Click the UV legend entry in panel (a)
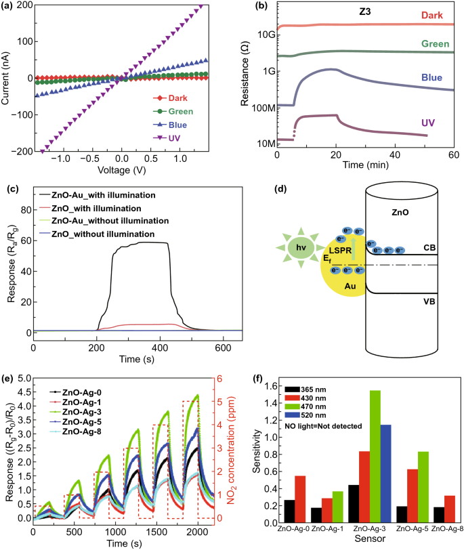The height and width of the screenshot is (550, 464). point(167,138)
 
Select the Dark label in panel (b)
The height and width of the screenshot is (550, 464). point(431,16)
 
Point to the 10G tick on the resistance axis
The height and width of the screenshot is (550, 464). point(266,35)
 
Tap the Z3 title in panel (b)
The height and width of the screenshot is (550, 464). point(364,12)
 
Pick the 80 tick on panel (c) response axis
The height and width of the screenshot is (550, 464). point(26,210)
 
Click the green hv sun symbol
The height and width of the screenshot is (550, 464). point(301,248)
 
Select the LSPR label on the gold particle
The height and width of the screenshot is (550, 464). point(340,251)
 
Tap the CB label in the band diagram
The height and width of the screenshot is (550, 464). point(429,248)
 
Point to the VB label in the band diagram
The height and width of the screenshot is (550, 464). point(429,301)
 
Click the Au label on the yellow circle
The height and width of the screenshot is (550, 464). point(350,287)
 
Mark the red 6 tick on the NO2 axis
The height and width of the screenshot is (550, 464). point(219,379)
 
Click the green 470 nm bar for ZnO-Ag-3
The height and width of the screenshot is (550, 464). point(375,457)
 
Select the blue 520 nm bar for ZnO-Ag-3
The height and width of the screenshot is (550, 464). point(386,473)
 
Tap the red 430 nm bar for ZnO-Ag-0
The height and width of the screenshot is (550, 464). point(300,499)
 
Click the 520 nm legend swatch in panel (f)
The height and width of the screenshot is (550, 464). point(292,415)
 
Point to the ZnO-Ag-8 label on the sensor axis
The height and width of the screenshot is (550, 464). point(447,528)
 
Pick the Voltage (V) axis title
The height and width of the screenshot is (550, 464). point(121,170)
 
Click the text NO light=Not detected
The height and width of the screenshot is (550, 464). point(323,426)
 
